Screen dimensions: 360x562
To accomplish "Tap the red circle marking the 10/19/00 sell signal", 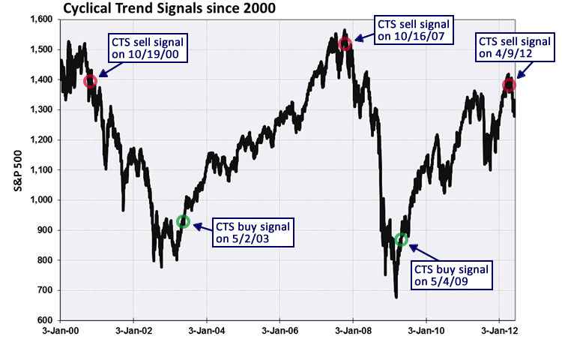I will coord(91,81).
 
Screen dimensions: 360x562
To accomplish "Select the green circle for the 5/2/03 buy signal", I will coord(184,222).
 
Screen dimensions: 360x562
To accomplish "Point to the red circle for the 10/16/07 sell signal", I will coord(345,44).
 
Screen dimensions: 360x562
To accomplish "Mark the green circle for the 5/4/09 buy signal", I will coord(402,239).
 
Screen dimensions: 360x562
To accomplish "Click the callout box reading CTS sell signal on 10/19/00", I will coord(146,47).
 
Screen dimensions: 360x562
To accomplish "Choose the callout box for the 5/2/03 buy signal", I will coord(250,232).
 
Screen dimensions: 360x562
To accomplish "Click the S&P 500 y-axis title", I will coord(17,171).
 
